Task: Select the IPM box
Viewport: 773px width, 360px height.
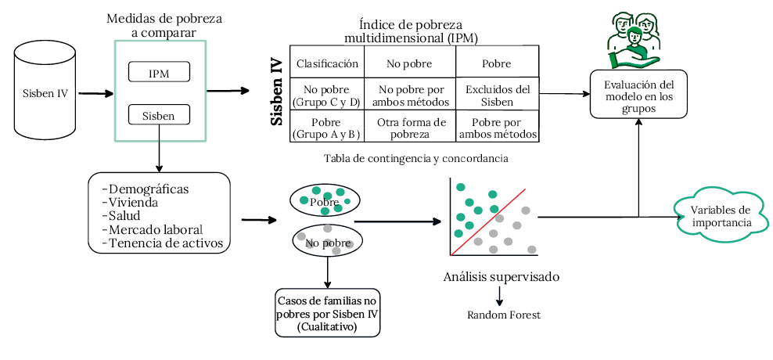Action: tap(159, 74)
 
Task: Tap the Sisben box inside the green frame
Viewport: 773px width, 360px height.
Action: tap(159, 116)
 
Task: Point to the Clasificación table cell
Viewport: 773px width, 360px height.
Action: tap(326, 63)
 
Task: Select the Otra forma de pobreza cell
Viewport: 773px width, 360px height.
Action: tap(411, 128)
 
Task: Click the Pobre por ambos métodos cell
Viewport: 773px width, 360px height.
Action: tap(498, 128)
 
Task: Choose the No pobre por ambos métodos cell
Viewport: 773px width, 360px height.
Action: tap(411, 95)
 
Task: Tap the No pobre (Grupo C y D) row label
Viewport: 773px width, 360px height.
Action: tap(326, 95)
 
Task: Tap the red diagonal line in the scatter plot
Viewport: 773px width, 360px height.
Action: tap(490, 223)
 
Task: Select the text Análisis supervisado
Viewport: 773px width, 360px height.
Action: tap(501, 277)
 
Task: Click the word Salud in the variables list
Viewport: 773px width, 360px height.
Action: tap(125, 216)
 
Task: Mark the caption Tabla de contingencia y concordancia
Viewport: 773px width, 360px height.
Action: tap(415, 158)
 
